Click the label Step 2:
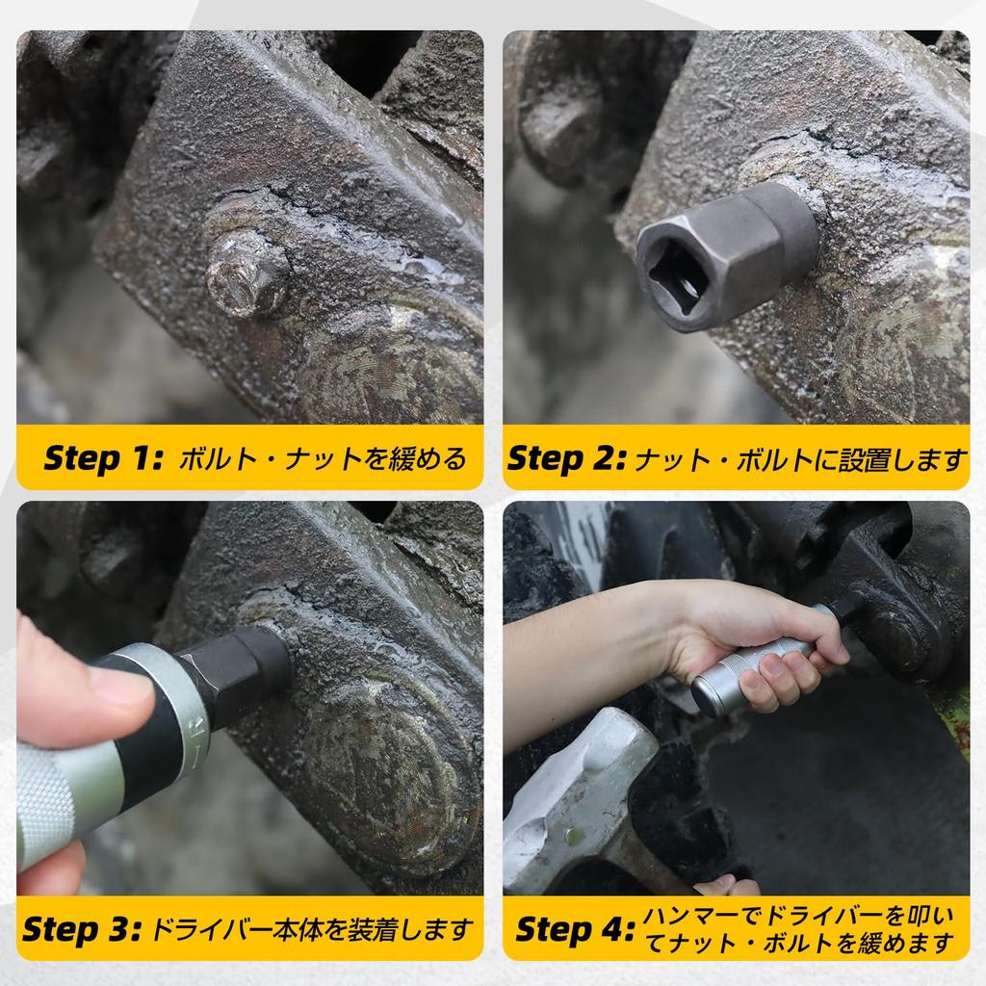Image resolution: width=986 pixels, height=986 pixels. [566, 457]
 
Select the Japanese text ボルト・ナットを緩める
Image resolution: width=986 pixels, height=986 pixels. [324, 457]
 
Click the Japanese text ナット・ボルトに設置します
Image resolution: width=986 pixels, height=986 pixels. [799, 458]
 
